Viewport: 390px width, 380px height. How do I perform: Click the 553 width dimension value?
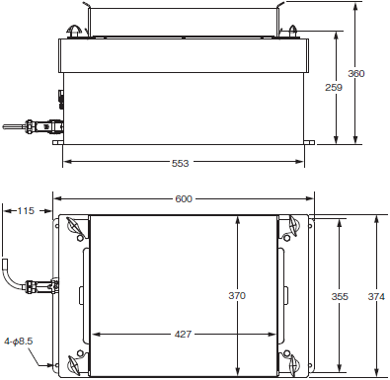pyautogui.click(x=181, y=163)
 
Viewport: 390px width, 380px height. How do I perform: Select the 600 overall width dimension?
pyautogui.click(x=184, y=198)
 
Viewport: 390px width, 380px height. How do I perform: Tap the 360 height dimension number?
pyautogui.click(x=356, y=73)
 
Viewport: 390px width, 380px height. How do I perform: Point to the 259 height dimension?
pyautogui.click(x=334, y=87)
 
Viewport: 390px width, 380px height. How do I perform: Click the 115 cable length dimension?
pyautogui.click(x=26, y=210)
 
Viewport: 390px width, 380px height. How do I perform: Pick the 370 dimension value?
pyautogui.click(x=237, y=295)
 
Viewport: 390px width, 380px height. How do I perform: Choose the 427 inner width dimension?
pyautogui.click(x=183, y=335)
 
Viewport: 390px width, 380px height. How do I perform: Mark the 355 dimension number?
pyautogui.click(x=340, y=296)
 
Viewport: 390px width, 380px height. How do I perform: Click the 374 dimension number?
pyautogui.click(x=376, y=296)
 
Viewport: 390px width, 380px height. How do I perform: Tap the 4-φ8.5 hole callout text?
pyautogui.click(x=19, y=342)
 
